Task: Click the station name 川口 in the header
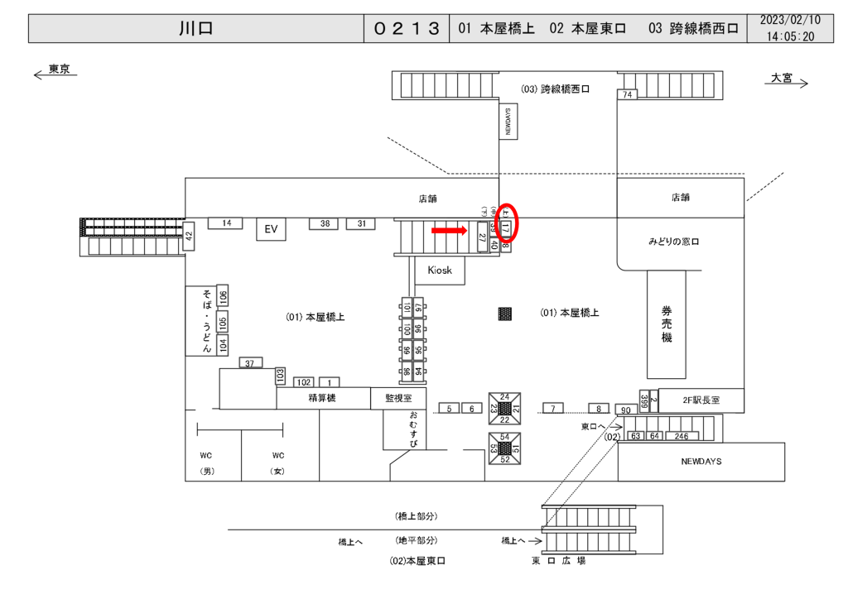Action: (196, 28)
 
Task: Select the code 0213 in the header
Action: (406, 28)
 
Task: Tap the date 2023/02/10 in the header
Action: (789, 20)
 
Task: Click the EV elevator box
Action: (270, 229)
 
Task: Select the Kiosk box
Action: (440, 271)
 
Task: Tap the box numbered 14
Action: (225, 223)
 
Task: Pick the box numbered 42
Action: (188, 236)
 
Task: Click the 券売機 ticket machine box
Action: (667, 324)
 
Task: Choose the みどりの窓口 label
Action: (673, 242)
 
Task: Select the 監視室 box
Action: (397, 399)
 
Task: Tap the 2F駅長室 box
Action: (701, 400)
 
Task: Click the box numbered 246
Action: (682, 435)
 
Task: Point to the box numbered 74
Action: (627, 95)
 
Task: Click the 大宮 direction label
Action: (781, 78)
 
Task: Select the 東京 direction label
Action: (59, 70)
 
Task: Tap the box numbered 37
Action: (251, 363)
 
